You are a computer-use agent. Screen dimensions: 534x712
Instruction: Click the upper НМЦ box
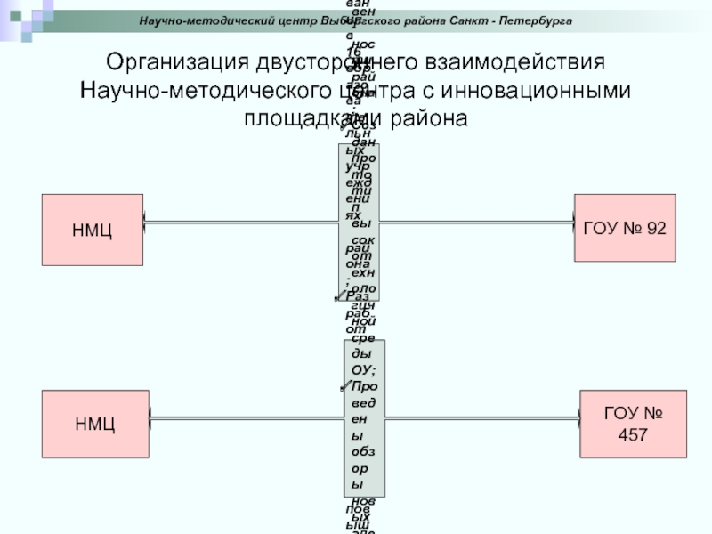point(93,231)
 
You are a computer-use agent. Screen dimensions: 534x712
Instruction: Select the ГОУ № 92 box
point(624,228)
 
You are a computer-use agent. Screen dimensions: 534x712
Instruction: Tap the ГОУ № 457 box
point(633,424)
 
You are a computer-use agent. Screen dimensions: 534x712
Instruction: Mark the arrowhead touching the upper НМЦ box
point(149,222)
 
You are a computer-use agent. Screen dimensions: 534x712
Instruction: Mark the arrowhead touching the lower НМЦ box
point(149,418)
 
